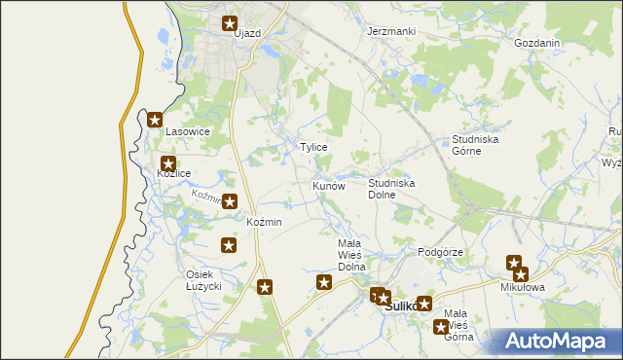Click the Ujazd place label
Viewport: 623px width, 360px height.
point(247,33)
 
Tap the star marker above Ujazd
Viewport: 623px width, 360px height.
point(231,23)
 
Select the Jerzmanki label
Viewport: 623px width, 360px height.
point(391,31)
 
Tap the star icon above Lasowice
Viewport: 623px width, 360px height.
point(156,121)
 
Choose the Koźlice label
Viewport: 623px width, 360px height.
point(173,173)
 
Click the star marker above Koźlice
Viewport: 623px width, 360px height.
point(169,164)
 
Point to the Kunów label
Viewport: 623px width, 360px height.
point(329,185)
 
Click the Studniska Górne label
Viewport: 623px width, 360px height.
point(475,145)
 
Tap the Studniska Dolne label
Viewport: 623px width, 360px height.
point(392,188)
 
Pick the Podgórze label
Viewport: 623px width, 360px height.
point(439,252)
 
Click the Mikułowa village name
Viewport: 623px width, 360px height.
point(523,288)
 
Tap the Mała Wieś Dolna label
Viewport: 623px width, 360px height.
point(350,254)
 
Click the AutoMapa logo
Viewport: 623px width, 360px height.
point(558,341)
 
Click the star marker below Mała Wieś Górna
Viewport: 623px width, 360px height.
point(441,327)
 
